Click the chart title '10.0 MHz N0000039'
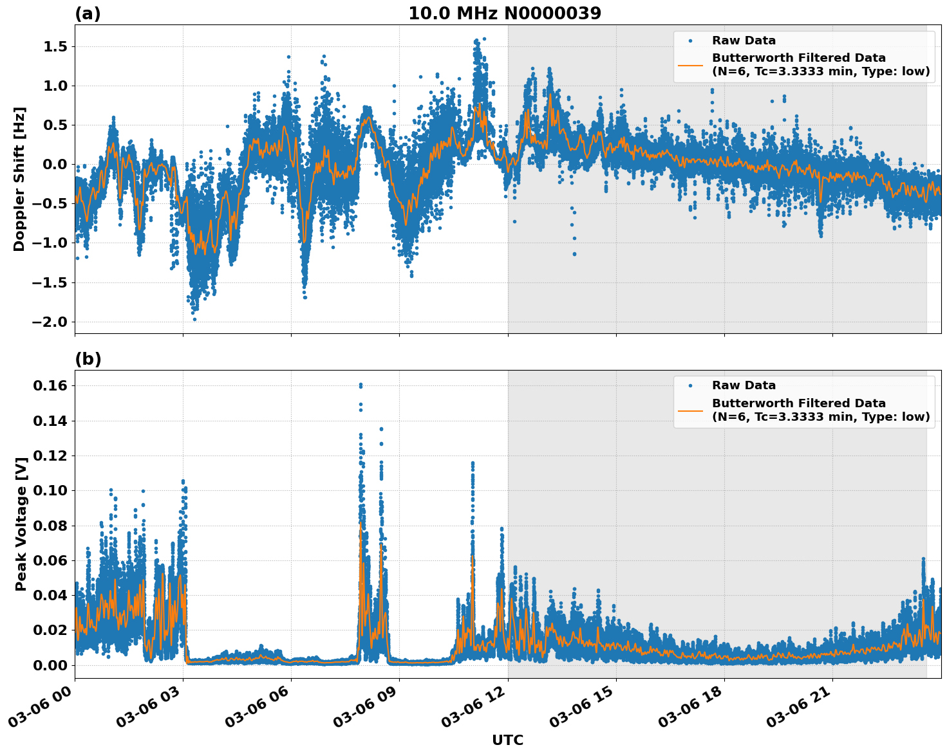[504, 14]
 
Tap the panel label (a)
[88, 14]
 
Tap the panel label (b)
[88, 359]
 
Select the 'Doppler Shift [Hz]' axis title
[19, 179]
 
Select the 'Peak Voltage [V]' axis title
[21, 524]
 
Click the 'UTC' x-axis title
[507, 740]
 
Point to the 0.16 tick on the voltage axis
[50, 385]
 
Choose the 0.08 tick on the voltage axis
[50, 526]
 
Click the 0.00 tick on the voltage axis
[50, 665]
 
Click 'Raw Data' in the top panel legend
[744, 41]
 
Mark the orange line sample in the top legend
[690, 64]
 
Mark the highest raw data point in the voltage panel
[361, 385]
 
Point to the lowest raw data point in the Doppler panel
[194, 319]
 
